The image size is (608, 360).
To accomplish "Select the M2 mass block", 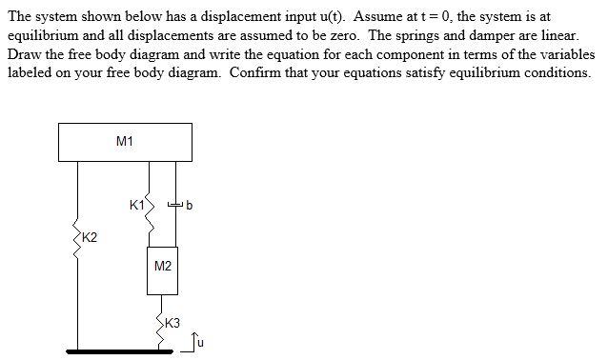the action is (x=163, y=265).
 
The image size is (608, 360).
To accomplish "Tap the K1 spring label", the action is (x=136, y=204).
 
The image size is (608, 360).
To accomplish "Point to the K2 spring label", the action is (x=89, y=237).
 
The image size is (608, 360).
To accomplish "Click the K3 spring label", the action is (x=172, y=324).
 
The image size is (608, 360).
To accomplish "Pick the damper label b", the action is (x=190, y=204).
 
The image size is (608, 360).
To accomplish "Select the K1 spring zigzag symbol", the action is (x=149, y=204).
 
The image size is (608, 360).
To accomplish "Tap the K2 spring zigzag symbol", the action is (x=76, y=238).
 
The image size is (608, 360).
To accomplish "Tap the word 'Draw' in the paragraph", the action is (x=25, y=52).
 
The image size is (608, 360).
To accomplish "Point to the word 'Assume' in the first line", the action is (x=362, y=17).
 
